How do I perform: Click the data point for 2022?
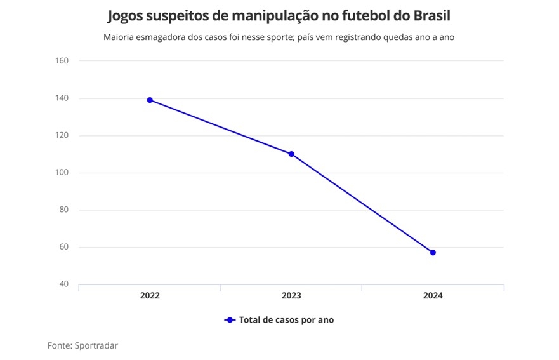pos(150,100)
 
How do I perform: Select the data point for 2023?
pos(291,154)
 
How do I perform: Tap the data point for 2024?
pos(433,252)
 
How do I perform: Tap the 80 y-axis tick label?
pos(63,210)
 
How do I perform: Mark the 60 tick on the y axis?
pos(63,247)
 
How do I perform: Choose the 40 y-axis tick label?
pos(63,284)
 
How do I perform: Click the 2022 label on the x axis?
pos(150,296)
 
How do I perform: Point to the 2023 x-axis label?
pos(291,296)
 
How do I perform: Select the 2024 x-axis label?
pos(433,296)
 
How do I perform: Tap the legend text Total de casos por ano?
pos(286,320)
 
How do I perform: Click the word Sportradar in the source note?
pos(96,345)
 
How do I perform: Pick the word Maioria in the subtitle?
pos(120,37)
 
